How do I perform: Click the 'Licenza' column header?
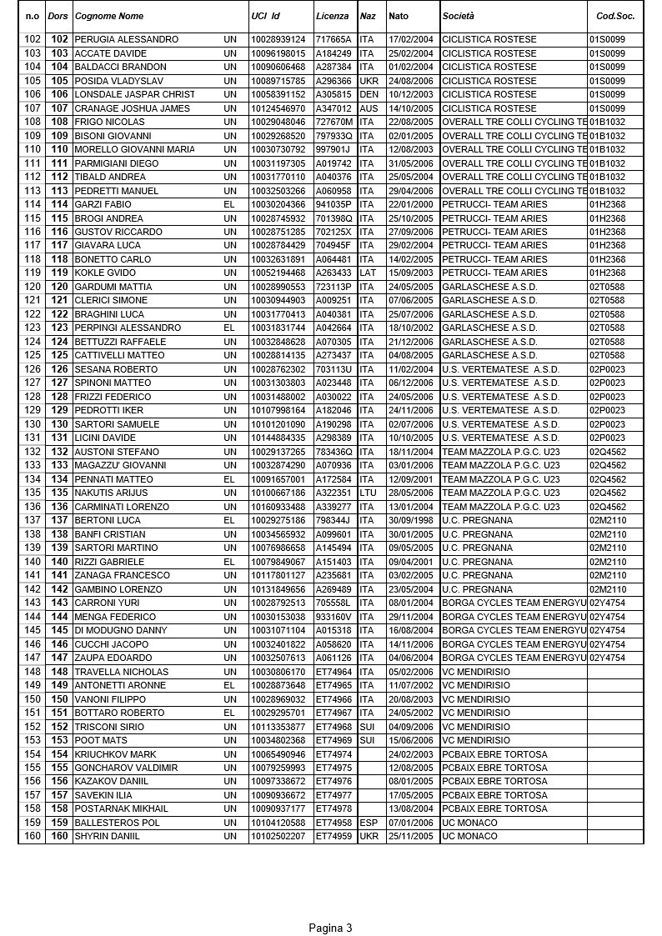coord(332,16)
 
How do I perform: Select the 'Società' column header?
coord(458,16)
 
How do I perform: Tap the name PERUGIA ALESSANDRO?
coord(126,39)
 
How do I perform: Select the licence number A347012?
coord(334,108)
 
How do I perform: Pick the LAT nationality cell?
coord(367,273)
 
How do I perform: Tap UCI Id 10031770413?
coord(278,314)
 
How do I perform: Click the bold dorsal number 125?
coord(59,355)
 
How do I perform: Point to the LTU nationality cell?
coord(368,493)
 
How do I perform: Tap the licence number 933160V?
coord(334,617)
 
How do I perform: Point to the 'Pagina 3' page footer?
coord(330,928)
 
